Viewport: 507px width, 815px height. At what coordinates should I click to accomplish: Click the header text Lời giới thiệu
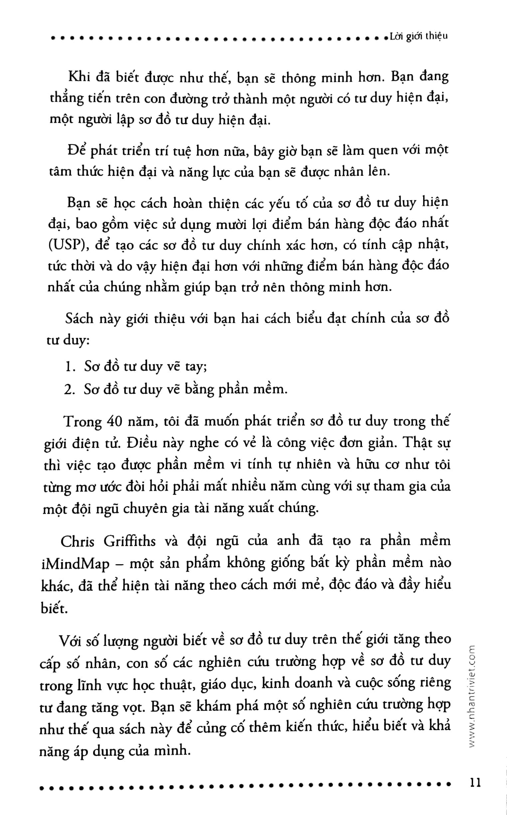pyautogui.click(x=419, y=36)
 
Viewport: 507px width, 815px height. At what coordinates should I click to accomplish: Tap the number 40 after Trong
pyautogui.click(x=114, y=421)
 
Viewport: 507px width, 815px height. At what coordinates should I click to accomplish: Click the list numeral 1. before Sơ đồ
pyautogui.click(x=69, y=367)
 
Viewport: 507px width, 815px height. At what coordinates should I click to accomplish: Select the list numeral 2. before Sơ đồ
pyautogui.click(x=69, y=389)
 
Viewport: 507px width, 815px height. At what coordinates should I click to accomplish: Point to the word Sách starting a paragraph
pyautogui.click(x=80, y=318)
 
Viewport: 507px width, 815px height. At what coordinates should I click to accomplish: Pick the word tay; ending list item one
pyautogui.click(x=196, y=367)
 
